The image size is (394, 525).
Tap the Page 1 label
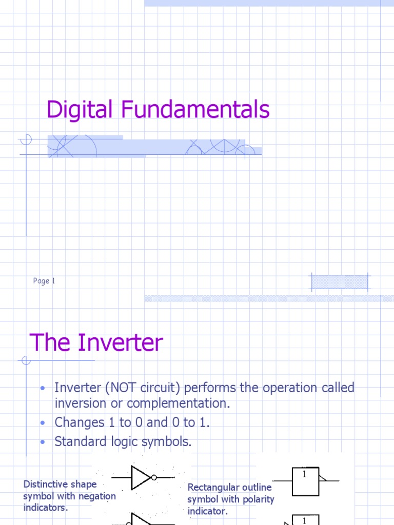[x=44, y=281]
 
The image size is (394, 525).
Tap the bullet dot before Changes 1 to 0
[x=44, y=423]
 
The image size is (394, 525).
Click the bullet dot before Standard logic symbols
[x=44, y=442]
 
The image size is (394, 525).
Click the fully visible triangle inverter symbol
[x=140, y=478]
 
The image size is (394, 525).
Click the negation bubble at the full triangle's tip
[x=153, y=478]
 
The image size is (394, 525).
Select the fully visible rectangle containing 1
[x=305, y=481]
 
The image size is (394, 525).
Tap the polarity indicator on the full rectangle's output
[x=322, y=478]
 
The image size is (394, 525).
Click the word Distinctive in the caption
[x=46, y=484]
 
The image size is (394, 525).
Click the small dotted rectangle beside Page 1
[x=340, y=282]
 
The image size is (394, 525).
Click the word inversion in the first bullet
[x=78, y=403]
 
